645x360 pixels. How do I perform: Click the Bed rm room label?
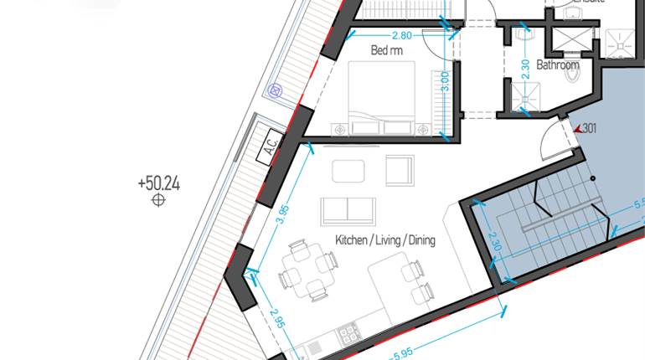pos(386,50)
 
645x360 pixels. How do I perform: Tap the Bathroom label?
pos(558,64)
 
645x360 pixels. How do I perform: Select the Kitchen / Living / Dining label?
pos(385,240)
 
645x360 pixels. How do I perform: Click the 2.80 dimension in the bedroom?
pos(402,36)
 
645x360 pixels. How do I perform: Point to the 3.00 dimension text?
pos(445,81)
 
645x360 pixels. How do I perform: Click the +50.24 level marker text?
pos(158,183)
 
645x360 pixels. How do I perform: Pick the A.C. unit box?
pos(271,147)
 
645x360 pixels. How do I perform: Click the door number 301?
pos(589,128)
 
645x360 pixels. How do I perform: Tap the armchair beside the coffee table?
pos(400,170)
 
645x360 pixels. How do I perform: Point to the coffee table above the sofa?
pos(348,171)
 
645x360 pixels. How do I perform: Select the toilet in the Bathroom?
pos(573,75)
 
